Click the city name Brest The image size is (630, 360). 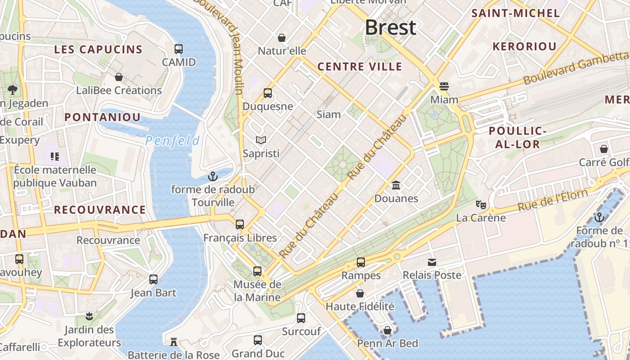pyautogui.click(x=391, y=28)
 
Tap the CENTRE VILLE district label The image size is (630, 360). pyautogui.click(x=360, y=67)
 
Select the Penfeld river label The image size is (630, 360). pyautogui.click(x=172, y=141)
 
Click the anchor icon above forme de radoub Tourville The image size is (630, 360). pyautogui.click(x=212, y=176)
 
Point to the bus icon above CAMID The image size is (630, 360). pyautogui.click(x=179, y=49)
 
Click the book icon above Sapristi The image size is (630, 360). pyautogui.click(x=261, y=140)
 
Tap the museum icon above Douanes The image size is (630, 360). pyautogui.click(x=396, y=185)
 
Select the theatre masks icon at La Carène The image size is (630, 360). pyautogui.click(x=481, y=205)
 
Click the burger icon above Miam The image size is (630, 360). pyautogui.click(x=444, y=86)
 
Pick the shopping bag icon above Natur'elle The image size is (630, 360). pyautogui.click(x=282, y=37)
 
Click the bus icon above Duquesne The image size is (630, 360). pyautogui.click(x=268, y=93)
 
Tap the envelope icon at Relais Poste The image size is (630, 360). pyautogui.click(x=432, y=262)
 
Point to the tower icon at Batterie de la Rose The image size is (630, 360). pyautogui.click(x=174, y=342)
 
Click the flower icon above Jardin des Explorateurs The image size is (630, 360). pyautogui.click(x=89, y=316)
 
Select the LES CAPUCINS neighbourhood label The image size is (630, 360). pyautogui.click(x=98, y=49)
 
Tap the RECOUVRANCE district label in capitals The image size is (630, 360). pyautogui.click(x=100, y=210)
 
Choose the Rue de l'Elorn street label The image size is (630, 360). pyautogui.click(x=553, y=200)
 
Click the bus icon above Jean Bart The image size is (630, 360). pyautogui.click(x=153, y=279)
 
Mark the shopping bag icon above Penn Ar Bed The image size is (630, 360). pyautogui.click(x=387, y=330)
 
